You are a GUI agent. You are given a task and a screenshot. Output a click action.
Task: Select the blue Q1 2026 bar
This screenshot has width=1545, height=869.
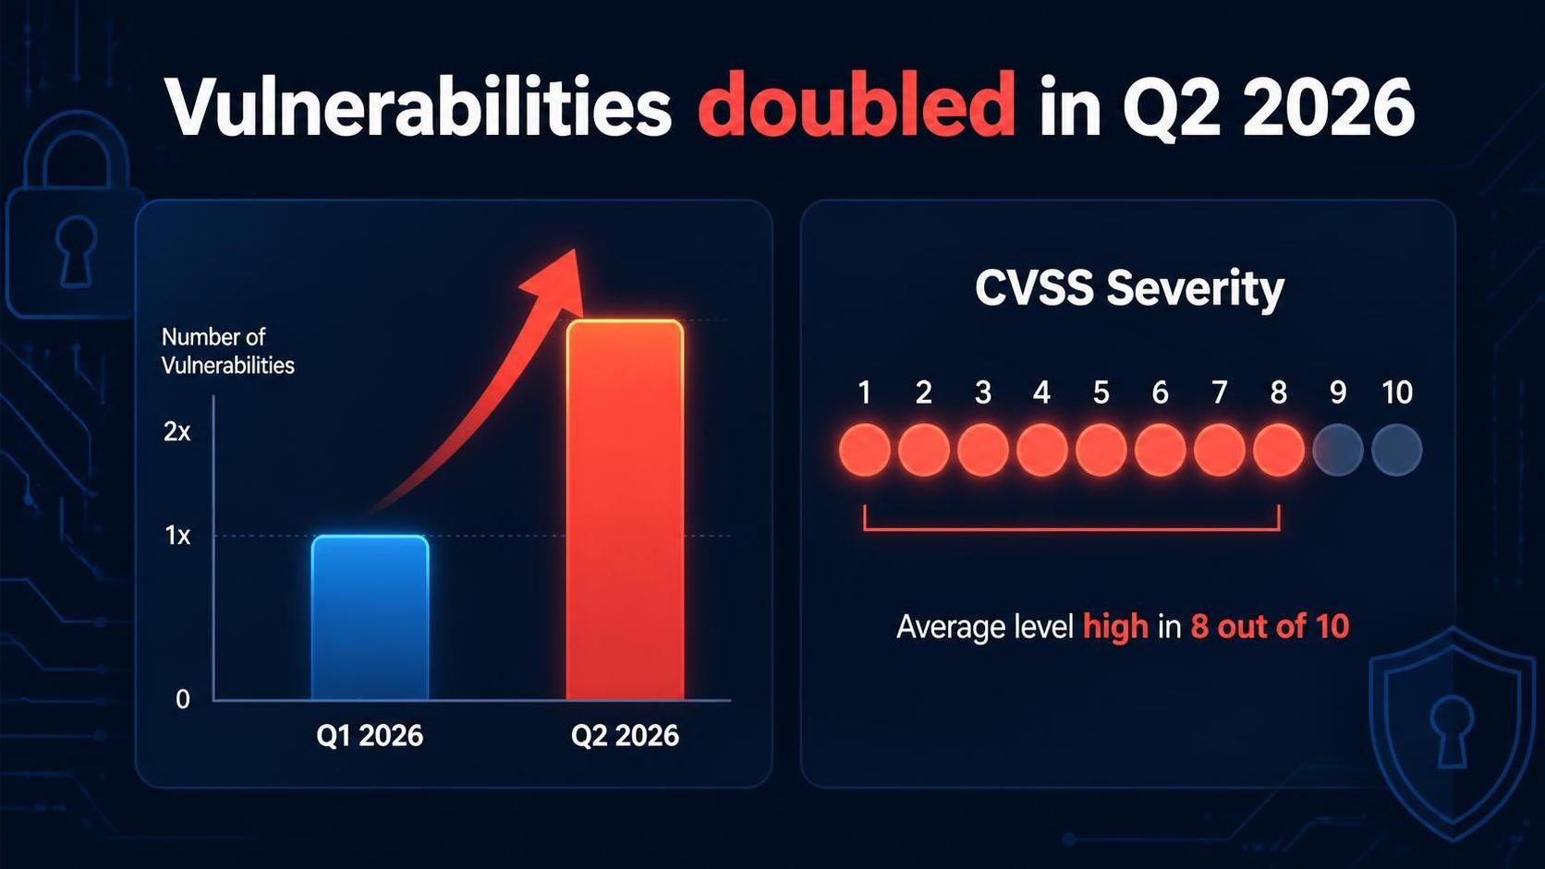[x=371, y=618]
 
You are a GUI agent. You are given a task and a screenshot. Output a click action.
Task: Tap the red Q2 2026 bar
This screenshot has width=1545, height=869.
[x=625, y=510]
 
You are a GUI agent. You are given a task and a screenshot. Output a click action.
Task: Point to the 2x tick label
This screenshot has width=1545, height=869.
[x=176, y=432]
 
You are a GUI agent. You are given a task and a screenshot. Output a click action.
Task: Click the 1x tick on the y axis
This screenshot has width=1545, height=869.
[x=178, y=536]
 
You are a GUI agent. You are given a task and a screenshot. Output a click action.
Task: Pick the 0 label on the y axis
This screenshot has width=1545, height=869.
[x=183, y=699]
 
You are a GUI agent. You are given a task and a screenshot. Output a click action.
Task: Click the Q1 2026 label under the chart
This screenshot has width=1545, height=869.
[x=370, y=736]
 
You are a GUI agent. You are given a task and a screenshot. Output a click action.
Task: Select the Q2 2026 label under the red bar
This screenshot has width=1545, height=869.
[x=625, y=736]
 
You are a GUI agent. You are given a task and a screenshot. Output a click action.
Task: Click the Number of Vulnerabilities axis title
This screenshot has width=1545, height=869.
[x=227, y=351]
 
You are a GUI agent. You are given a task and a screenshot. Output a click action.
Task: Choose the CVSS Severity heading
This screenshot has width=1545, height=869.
[x=1129, y=288]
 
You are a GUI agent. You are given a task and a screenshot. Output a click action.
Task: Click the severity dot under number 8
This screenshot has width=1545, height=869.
[x=1279, y=450]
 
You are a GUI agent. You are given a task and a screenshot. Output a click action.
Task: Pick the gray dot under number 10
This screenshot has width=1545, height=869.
[x=1397, y=450]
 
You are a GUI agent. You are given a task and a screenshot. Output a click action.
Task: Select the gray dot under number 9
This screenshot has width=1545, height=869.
[x=1337, y=450]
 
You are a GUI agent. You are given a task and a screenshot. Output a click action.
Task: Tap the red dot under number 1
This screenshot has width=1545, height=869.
[x=864, y=450]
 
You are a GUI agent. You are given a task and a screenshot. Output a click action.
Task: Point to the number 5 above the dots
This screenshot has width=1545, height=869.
[x=1101, y=392]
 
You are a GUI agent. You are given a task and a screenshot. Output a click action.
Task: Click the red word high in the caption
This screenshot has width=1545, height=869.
[x=1115, y=627]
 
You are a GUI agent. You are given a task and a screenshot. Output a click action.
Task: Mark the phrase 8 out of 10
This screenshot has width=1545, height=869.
[x=1269, y=626]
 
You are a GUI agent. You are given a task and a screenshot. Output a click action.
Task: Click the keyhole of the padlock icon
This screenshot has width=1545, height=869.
[x=76, y=251]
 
